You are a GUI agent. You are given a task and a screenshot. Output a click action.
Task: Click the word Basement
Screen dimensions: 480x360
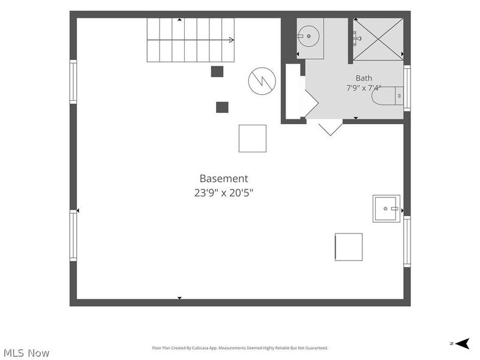tap(224, 178)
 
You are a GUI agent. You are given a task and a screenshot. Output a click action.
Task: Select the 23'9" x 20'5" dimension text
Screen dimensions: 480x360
tap(224, 193)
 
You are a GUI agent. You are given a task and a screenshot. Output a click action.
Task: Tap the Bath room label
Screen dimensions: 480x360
tap(364, 78)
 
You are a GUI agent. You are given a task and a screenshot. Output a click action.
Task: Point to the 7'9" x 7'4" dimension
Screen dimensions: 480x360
tap(364, 88)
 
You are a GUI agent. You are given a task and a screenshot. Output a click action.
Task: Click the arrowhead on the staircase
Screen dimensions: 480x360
tap(232, 40)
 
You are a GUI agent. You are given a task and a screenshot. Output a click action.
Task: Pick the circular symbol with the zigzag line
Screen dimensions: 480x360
tap(262, 81)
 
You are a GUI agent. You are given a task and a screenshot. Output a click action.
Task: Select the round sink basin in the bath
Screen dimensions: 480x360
tap(309, 36)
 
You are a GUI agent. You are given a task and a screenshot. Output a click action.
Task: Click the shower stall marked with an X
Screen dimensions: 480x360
tap(378, 39)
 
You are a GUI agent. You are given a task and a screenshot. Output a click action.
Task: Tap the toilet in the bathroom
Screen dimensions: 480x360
tap(388, 96)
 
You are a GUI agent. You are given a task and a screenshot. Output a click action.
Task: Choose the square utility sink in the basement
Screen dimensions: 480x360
tap(386, 208)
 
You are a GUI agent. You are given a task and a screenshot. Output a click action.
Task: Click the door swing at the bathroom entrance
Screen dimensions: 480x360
tap(330, 127)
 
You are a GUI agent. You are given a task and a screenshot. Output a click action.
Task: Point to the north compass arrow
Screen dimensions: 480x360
tap(463, 343)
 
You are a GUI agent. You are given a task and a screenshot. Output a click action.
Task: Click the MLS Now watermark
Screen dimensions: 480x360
tap(26, 353)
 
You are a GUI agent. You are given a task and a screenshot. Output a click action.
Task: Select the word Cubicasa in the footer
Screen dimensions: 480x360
tap(199, 348)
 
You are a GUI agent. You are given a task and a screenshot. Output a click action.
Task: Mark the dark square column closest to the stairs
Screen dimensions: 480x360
tap(217, 71)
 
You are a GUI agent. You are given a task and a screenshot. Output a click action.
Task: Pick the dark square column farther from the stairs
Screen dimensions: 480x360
tap(222, 107)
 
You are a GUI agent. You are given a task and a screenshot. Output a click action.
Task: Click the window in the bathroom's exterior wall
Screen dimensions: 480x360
tap(407, 88)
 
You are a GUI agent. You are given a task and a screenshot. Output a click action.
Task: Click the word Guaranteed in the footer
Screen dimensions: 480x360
tap(319, 348)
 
